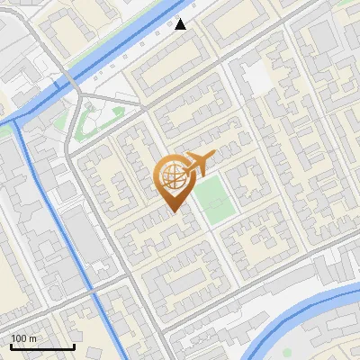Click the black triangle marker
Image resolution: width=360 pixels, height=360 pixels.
tap(181, 24)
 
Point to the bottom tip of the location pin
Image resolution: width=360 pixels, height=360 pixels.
tap(172, 212)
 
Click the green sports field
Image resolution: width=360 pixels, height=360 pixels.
tap(214, 200)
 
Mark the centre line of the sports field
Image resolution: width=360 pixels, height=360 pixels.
tap(214, 200)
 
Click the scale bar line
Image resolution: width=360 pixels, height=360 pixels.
tap(42, 346)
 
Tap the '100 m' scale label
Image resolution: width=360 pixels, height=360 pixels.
tap(23, 338)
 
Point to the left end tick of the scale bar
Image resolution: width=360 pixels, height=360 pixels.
tap(11, 345)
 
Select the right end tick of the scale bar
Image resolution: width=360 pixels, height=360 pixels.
tap(74, 345)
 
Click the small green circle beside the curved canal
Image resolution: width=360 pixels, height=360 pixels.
tap(287, 353)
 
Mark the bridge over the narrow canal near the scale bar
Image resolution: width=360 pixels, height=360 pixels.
tap(93, 291)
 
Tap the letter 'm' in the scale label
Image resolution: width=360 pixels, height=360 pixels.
tap(32, 338)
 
